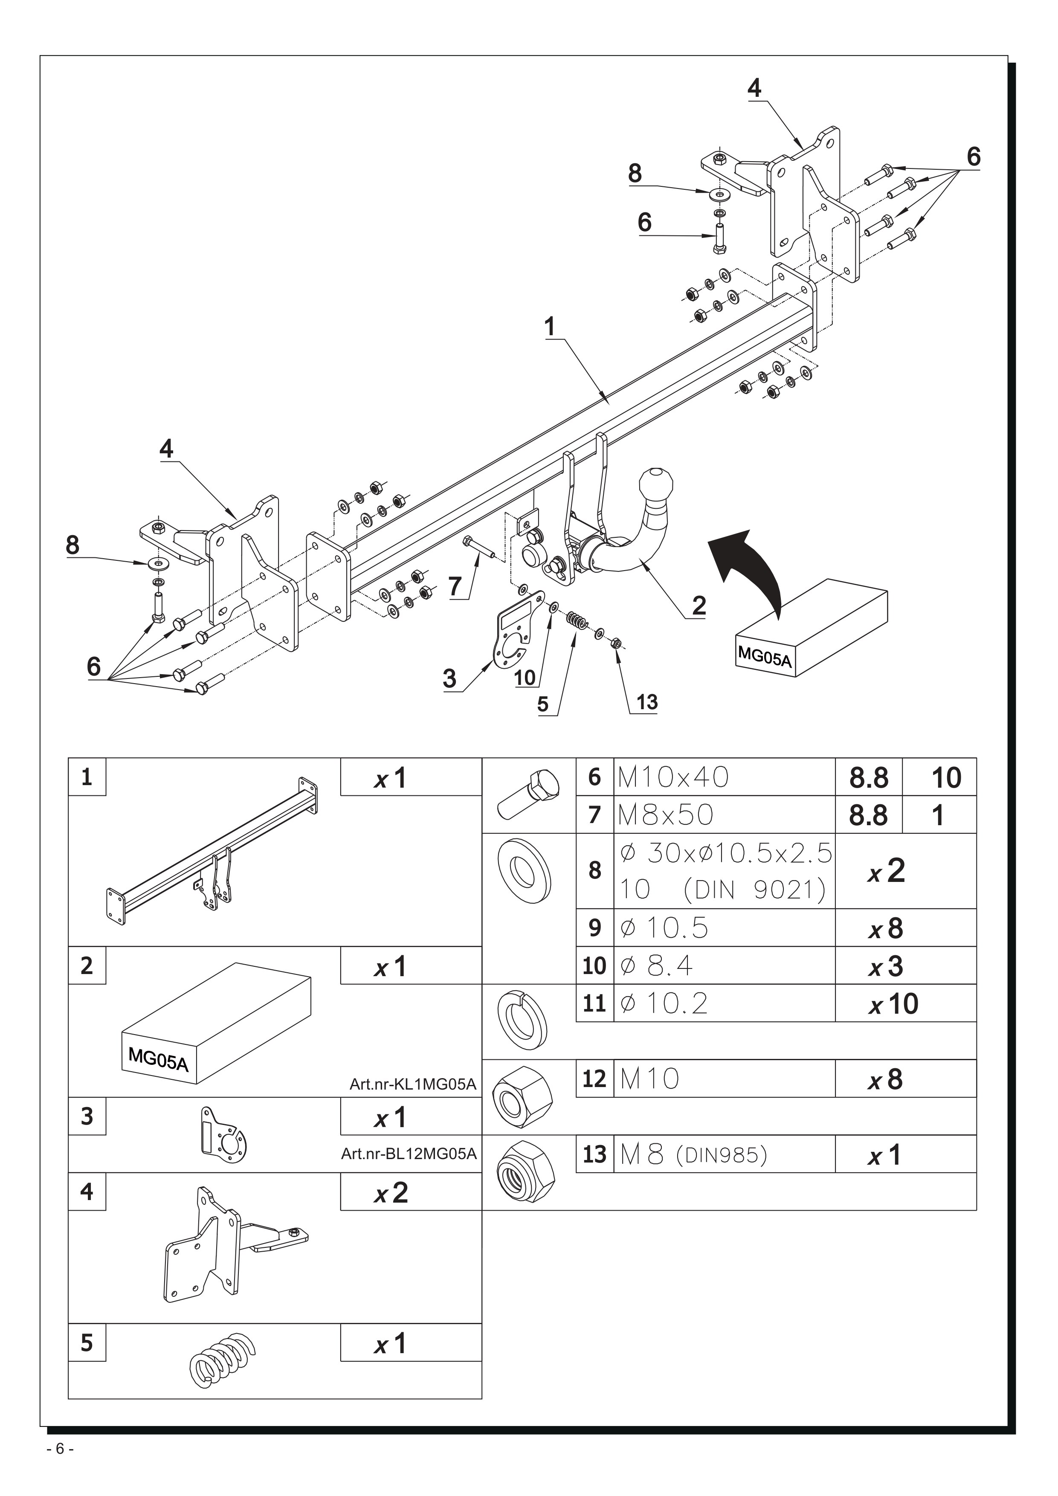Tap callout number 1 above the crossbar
coord(550,326)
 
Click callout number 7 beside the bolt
coord(455,586)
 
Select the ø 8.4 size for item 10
coord(657,965)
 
